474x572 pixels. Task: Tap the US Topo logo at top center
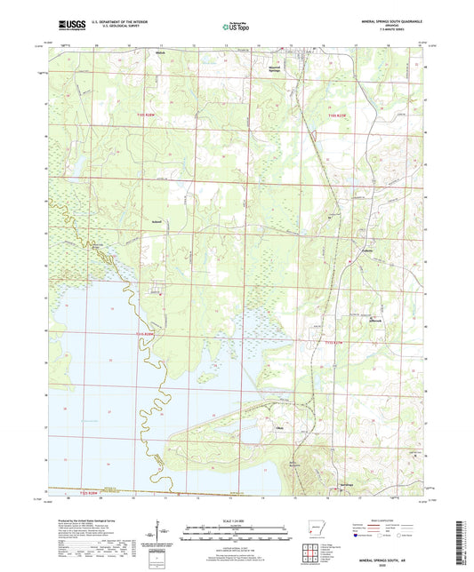click(x=236, y=28)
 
